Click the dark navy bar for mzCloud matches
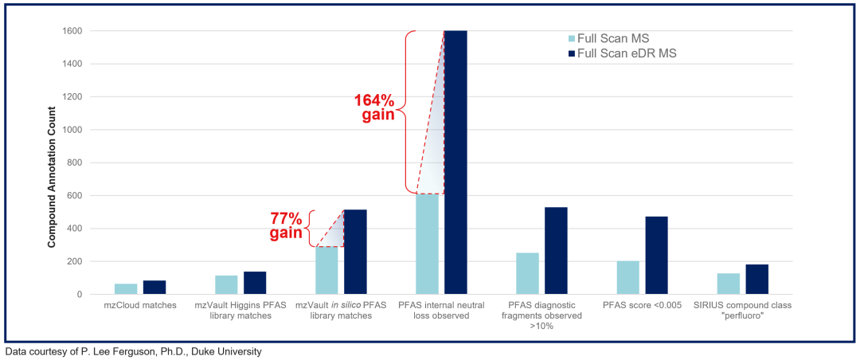coord(154,288)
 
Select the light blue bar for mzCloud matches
coord(126,289)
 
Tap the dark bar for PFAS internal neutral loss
coord(455,162)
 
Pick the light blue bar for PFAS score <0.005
coord(628,278)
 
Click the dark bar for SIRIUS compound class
coord(757,280)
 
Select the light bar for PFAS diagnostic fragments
coord(528,274)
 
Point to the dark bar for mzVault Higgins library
coord(255,284)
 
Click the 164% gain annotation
coord(374,108)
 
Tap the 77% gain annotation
coord(286,225)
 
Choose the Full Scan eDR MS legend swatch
coord(573,53)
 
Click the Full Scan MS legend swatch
coord(573,38)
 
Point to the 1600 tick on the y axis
coord(73,31)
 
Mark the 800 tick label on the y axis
coord(76,163)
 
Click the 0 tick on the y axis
coord(80,295)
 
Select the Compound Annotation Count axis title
coord(52,163)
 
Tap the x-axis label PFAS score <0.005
coord(643,306)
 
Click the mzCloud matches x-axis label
coord(140,306)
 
